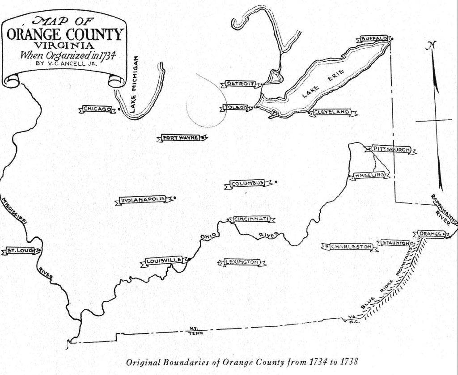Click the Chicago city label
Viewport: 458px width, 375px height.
(97, 109)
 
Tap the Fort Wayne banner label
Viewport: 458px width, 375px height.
(181, 138)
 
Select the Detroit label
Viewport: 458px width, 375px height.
(240, 84)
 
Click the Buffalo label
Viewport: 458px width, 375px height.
(373, 39)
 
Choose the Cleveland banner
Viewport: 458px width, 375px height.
(332, 112)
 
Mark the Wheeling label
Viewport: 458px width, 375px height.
(369, 175)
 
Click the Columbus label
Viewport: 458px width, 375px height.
(247, 183)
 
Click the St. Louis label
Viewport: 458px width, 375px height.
(19, 251)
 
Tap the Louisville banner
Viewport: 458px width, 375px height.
(164, 261)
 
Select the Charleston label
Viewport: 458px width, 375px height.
(351, 246)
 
